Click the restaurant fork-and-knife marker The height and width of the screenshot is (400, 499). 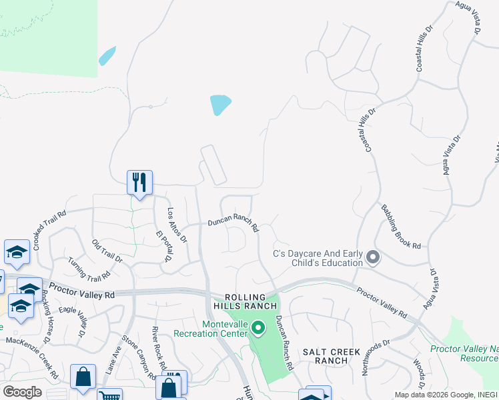click(x=139, y=182)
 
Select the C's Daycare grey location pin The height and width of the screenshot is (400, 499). click(x=372, y=257)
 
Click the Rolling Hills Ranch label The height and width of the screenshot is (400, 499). click(x=250, y=301)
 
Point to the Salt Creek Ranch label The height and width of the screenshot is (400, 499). click(x=332, y=356)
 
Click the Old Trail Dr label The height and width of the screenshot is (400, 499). click(x=107, y=251)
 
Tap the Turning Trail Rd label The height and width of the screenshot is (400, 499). click(x=88, y=271)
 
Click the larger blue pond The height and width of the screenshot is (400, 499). click(x=220, y=105)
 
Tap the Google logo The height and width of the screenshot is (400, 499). click(x=22, y=392)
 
